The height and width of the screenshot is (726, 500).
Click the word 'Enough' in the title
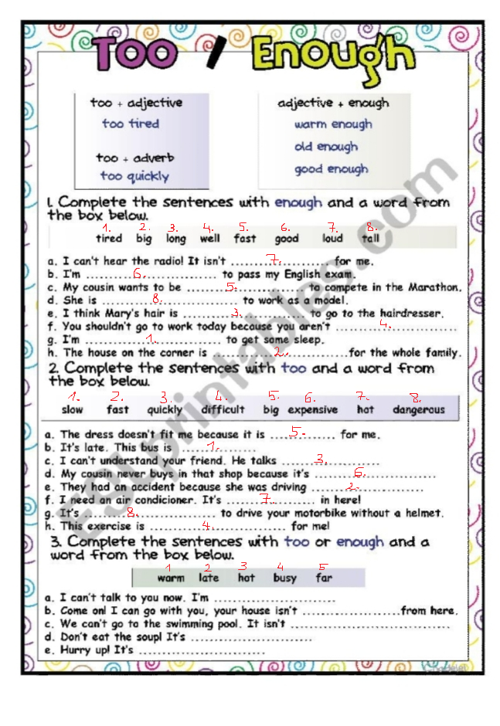coord(334,56)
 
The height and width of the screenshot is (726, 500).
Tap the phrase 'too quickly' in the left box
coord(134,176)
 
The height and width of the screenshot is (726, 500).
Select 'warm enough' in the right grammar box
coord(332,124)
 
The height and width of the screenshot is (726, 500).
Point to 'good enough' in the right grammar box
coord(331,169)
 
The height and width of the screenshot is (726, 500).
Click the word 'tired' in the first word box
coord(109,239)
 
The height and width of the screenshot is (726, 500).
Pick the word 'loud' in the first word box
coord(332,239)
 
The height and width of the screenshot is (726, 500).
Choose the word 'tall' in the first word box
coord(370,239)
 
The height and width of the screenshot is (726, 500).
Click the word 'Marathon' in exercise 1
coord(434,287)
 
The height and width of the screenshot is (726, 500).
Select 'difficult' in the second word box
coord(223,410)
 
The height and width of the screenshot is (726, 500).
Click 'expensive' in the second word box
coord(312,410)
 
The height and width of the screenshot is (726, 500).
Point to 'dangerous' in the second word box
coord(418,410)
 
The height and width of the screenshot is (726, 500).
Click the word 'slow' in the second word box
coord(72,410)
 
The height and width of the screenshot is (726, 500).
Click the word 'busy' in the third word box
coord(284,578)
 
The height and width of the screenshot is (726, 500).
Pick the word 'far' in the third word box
coord(324,578)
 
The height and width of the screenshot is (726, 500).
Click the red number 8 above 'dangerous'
coord(416,399)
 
